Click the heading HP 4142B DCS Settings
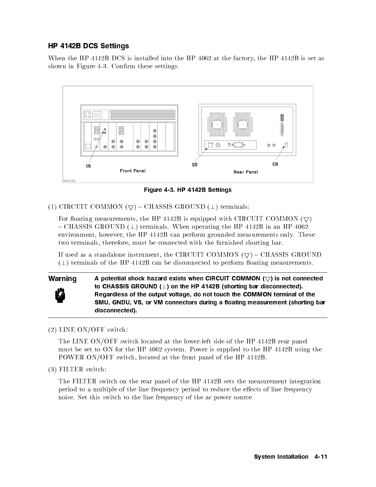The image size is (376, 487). pyautogui.click(x=88, y=46)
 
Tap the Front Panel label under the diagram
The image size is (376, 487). pyautogui.click(x=133, y=171)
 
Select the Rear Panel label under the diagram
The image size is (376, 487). pyautogui.click(x=246, y=172)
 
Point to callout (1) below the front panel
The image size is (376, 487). pyautogui.click(x=88, y=166)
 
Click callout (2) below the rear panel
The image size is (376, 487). pyautogui.click(x=195, y=164)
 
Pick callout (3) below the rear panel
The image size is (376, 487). pyautogui.click(x=275, y=164)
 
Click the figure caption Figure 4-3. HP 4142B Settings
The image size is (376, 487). pyautogui.click(x=188, y=190)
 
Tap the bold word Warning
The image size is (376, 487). pyautogui.click(x=62, y=279)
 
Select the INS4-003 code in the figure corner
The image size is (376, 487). pyautogui.click(x=69, y=181)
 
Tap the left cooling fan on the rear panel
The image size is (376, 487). pyautogui.click(x=217, y=125)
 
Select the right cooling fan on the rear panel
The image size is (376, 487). pyautogui.click(x=243, y=125)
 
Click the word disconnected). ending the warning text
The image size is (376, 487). pyautogui.click(x=116, y=310)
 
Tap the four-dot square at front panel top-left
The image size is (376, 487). pyautogui.click(x=88, y=115)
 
